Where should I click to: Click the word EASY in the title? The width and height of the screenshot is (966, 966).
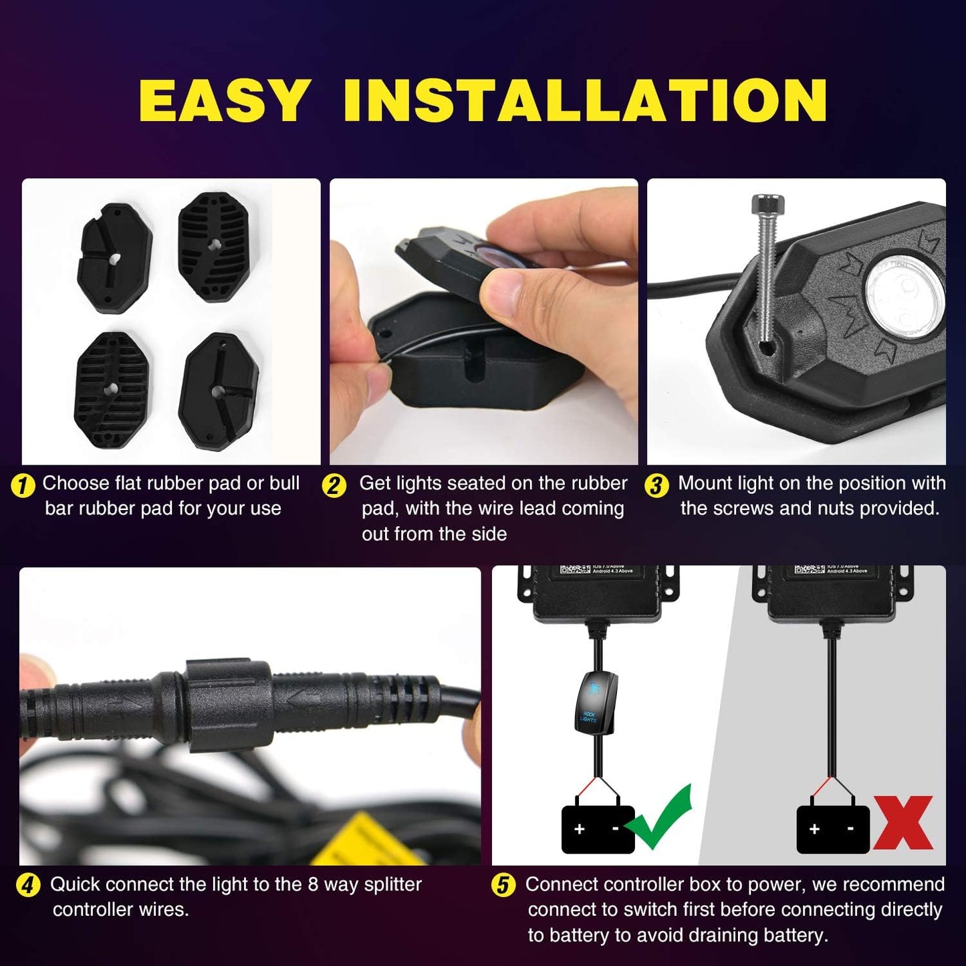[x=224, y=100]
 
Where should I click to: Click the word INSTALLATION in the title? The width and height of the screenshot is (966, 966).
[x=585, y=100]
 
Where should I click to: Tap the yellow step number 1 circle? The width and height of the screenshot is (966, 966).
[x=23, y=485]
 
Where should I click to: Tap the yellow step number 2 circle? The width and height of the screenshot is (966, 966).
[x=334, y=485]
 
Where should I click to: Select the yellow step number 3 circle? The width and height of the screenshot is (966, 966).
[x=656, y=485]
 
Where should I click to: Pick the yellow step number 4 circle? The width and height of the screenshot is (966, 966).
[x=27, y=886]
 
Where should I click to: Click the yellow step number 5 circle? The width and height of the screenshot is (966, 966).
[x=503, y=886]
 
